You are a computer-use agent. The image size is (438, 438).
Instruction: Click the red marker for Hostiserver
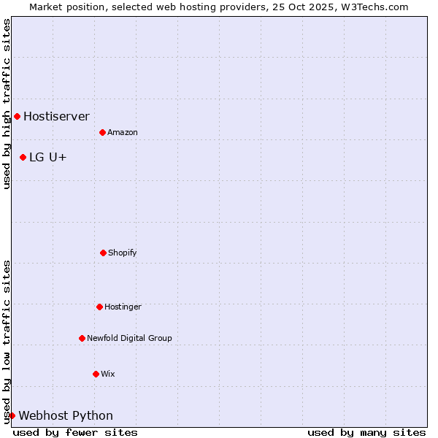tap(17, 116)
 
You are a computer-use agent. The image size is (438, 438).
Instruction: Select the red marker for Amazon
tap(102, 132)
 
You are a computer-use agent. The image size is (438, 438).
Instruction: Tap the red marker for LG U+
tap(23, 157)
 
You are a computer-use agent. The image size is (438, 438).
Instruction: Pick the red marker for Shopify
tap(103, 253)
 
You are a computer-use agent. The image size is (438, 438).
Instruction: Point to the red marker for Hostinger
tap(99, 307)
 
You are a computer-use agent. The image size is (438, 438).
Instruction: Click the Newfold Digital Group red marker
tap(82, 338)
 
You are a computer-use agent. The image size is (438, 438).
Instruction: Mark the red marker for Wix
tap(96, 374)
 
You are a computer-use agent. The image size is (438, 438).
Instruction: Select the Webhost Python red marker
tap(12, 415)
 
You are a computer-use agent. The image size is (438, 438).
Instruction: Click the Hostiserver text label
tap(56, 116)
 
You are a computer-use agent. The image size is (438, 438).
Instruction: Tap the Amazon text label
tap(122, 132)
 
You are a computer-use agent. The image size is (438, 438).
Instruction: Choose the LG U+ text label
tap(48, 157)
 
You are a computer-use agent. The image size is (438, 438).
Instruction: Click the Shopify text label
tap(122, 253)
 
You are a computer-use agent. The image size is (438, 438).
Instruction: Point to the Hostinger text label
tap(123, 307)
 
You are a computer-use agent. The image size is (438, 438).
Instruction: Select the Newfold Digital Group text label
tap(129, 338)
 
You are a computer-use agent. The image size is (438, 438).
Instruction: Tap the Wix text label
tap(107, 374)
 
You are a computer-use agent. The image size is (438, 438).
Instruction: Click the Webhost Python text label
tap(66, 415)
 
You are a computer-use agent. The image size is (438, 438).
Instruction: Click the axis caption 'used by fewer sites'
tap(75, 432)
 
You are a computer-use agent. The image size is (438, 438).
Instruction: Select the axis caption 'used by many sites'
tap(366, 432)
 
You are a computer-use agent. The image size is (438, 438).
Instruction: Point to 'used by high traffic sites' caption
tap(7, 104)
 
